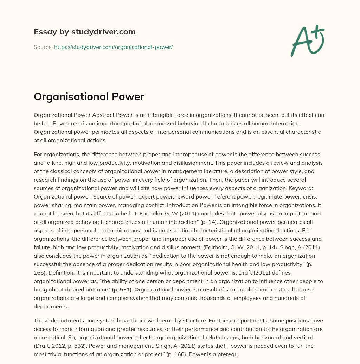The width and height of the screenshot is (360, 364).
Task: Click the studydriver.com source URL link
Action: click(x=113, y=47)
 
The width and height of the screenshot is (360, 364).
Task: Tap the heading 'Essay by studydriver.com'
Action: click(x=84, y=32)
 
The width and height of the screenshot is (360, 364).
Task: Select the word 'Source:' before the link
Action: click(x=43, y=47)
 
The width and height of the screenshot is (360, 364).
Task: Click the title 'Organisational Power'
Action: click(x=89, y=97)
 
